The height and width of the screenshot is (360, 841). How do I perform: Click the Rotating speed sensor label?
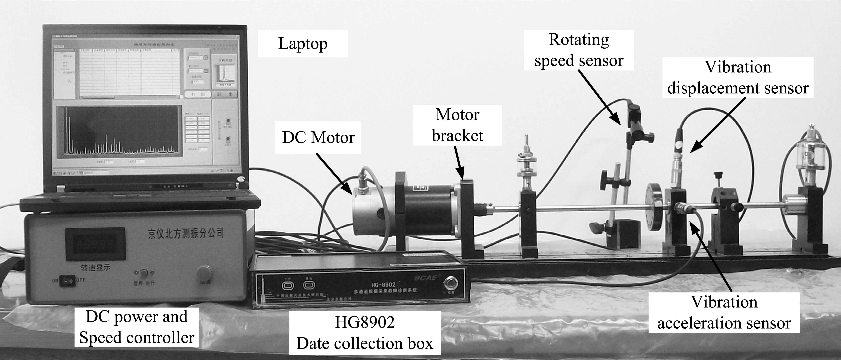pos(579,50)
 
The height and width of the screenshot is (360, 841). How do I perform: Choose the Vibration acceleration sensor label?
pos(724,312)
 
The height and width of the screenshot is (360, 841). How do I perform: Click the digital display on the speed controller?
pos(95,244)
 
